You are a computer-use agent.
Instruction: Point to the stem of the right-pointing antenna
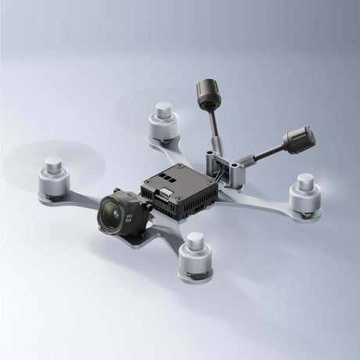(264, 153)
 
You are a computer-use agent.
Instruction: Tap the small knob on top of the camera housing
(117, 190)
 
